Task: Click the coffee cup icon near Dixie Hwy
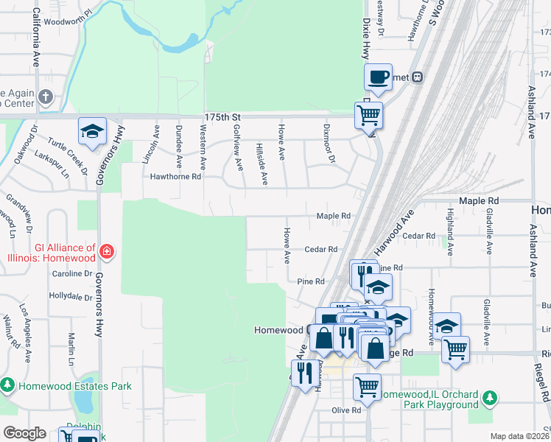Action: coord(378,77)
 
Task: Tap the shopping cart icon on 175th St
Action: coord(368,115)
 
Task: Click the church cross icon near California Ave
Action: coord(46,97)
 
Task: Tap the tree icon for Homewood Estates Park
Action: coord(7,385)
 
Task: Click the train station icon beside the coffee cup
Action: coord(417,76)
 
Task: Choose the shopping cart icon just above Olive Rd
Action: coord(366,385)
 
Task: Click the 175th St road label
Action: coord(222,117)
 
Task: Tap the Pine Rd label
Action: coord(310,281)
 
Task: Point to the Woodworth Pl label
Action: coord(66,13)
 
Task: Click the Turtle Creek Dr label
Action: coord(67,155)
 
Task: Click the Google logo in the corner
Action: coord(24,433)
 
